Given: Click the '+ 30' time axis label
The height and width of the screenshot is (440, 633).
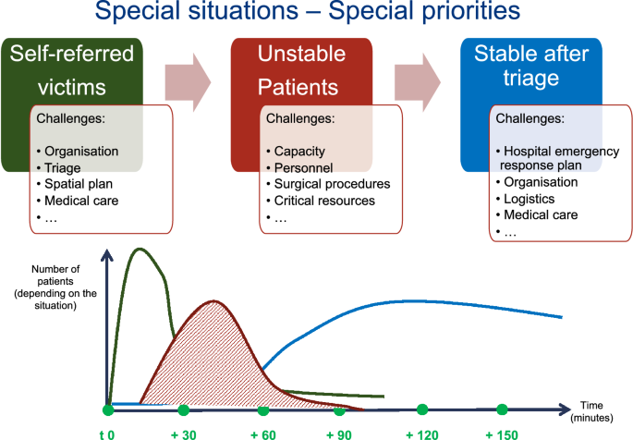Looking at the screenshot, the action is [x=184, y=434].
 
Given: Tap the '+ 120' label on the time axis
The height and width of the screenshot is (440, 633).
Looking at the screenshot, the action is [x=422, y=434].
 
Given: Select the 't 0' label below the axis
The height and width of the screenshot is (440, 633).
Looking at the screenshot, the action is [x=107, y=434].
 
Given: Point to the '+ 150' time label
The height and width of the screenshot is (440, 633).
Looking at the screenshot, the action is [x=502, y=434].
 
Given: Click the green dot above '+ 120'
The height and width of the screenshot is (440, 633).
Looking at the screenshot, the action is [x=422, y=409].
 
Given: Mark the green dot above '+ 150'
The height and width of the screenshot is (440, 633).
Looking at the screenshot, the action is [x=502, y=409].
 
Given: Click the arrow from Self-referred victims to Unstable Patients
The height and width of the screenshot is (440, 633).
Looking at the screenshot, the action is [x=188, y=82].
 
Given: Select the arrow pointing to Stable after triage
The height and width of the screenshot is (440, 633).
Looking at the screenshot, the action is [x=418, y=82].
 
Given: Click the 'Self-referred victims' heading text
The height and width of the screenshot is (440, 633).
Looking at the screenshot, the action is [x=72, y=70].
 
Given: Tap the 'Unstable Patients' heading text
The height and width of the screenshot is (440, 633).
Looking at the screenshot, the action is [x=301, y=70].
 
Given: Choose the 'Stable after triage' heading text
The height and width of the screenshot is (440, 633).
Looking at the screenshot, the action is [x=531, y=66].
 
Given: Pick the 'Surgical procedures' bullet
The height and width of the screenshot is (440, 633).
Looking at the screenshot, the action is [x=328, y=184].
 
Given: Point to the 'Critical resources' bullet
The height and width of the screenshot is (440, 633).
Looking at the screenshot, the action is [x=321, y=201].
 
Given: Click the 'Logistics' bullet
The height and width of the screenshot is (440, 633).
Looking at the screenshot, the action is [x=525, y=199].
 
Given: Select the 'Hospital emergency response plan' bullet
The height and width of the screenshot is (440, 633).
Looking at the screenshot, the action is [x=557, y=158].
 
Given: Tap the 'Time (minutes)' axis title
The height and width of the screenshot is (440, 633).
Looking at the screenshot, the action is [x=591, y=411].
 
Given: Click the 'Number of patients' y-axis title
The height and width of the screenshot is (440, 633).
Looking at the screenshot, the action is [x=55, y=287].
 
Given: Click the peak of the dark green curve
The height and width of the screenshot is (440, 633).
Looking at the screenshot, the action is [x=140, y=249].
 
